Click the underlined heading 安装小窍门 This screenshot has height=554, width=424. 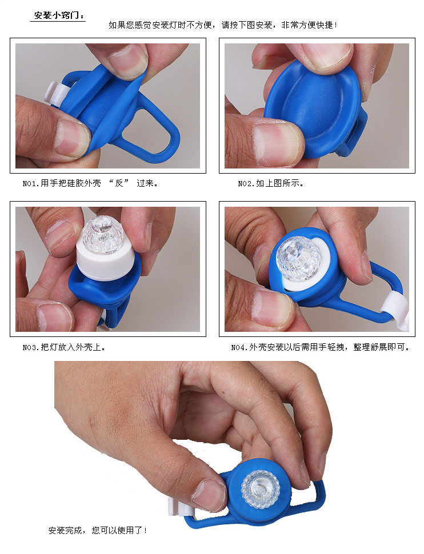click(58, 15)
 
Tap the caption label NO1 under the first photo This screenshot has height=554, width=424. click(30, 184)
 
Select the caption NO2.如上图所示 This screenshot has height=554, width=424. click(271, 184)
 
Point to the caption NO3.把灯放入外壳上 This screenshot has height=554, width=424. click(64, 347)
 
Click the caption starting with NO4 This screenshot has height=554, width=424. click(320, 347)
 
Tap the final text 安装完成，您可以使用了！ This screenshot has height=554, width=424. click(98, 530)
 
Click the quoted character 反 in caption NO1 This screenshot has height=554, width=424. click(119, 184)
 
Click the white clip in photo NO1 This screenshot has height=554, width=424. click(54, 92)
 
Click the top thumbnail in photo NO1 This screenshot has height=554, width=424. click(129, 60)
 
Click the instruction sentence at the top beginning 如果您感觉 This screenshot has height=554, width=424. click(223, 25)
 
